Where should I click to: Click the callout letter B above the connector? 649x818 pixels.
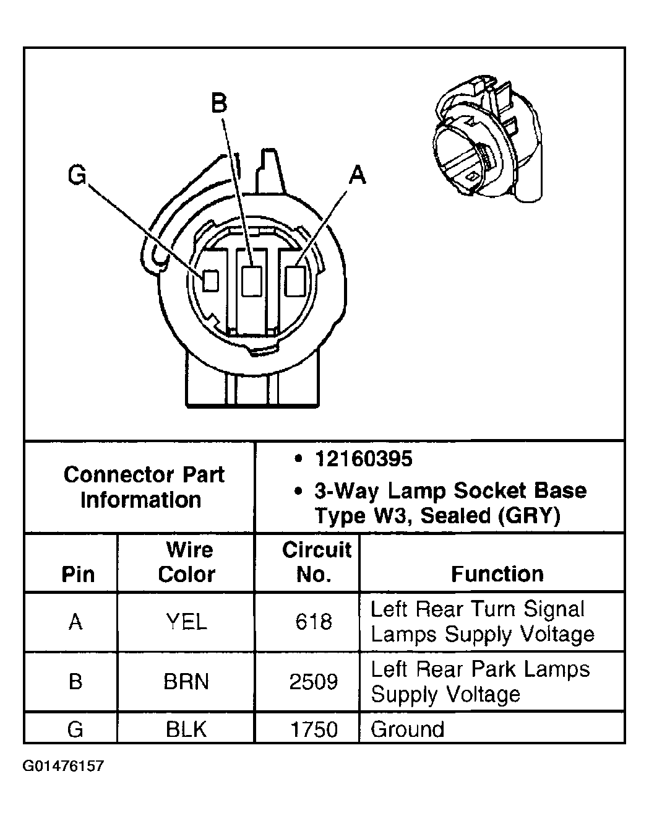tap(220, 103)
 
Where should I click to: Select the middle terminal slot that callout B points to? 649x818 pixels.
tap(251, 281)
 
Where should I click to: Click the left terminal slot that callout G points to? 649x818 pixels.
tap(212, 281)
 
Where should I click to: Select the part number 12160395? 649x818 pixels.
tap(363, 459)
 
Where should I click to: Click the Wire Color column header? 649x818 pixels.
tap(187, 562)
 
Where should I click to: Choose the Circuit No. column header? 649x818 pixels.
tap(315, 562)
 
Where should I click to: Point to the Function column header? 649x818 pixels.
tap(497, 573)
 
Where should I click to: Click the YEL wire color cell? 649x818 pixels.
tap(186, 621)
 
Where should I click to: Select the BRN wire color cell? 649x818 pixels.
tap(186, 681)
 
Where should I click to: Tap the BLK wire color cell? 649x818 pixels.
tap(186, 729)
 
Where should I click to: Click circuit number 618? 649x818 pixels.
tap(314, 621)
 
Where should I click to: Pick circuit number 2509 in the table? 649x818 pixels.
tap(314, 681)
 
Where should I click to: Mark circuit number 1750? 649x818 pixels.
tap(314, 729)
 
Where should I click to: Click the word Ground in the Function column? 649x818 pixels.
tap(407, 729)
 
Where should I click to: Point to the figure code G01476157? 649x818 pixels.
tap(63, 766)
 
